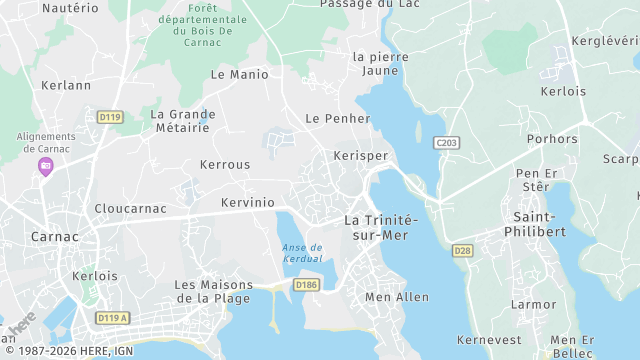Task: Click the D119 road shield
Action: tap(110, 117)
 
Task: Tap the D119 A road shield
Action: tap(114, 318)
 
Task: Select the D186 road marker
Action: tap(306, 285)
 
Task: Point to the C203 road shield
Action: tap(447, 144)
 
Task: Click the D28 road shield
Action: tap(462, 250)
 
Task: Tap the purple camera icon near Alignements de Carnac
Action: tap(45, 166)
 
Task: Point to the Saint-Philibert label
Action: tap(539, 224)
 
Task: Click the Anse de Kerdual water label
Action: tap(302, 253)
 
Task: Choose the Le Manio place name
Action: tap(240, 74)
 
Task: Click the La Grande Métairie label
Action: tap(182, 121)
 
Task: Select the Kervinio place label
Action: tap(247, 202)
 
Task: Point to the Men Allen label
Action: tap(397, 297)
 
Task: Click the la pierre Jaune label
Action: tap(381, 64)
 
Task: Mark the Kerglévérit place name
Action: tap(604, 41)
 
